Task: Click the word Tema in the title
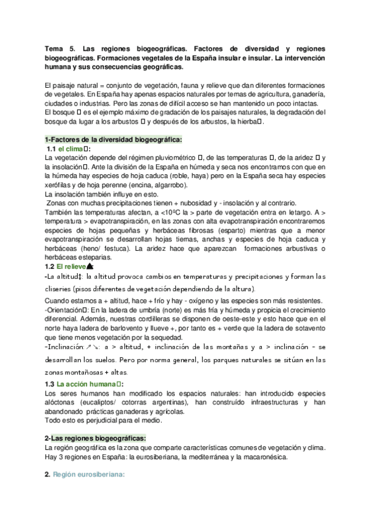(54, 48)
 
